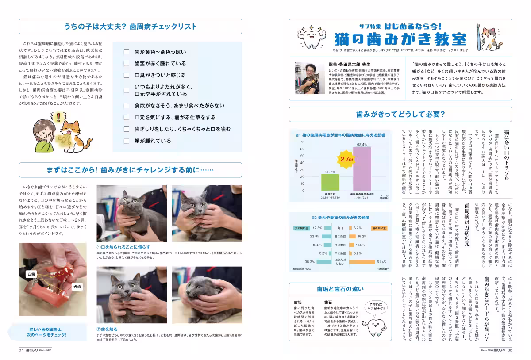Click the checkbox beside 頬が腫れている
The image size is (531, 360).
pyautogui.click(x=127, y=141)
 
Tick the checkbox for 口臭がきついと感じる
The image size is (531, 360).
pyautogui.click(x=127, y=76)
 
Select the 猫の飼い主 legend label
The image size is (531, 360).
pyautogui.click(x=379, y=228)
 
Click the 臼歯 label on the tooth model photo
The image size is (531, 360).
pyautogui.click(x=31, y=274)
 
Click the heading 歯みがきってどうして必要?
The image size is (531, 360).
pyautogui.click(x=400, y=114)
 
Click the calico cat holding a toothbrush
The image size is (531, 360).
pyautogui.click(x=489, y=38)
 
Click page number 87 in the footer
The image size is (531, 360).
pyautogui.click(x=20, y=349)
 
